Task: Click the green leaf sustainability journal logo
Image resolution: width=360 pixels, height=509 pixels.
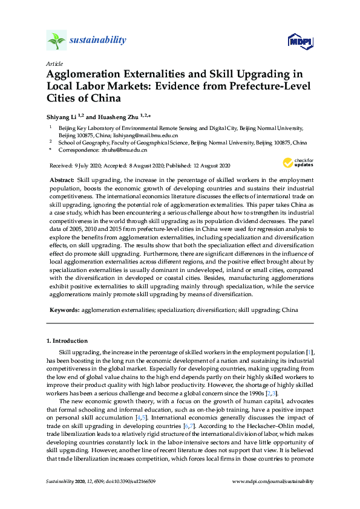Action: tap(56, 41)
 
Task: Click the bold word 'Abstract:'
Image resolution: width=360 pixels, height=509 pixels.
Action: tap(62, 181)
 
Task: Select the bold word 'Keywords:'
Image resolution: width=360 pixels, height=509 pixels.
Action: tap(64, 310)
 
